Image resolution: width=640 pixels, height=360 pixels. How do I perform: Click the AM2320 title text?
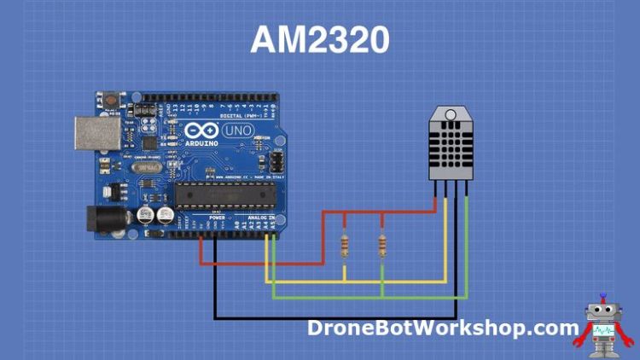(x=320, y=40)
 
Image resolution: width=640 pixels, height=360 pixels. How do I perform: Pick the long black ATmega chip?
(x=225, y=195)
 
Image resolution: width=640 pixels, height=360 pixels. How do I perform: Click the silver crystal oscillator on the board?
(x=145, y=180)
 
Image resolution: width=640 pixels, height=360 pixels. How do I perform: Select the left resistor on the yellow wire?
(x=344, y=247)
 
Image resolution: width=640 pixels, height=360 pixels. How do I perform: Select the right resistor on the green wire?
(x=381, y=247)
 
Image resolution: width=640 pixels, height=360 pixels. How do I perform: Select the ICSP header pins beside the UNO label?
(x=277, y=160)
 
